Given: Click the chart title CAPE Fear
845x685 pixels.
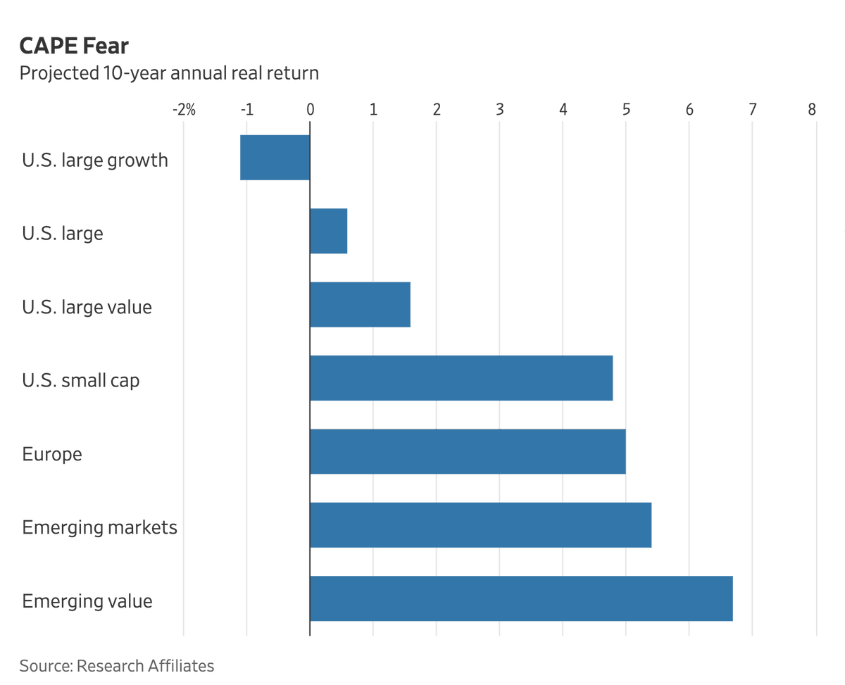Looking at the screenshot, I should (74, 46).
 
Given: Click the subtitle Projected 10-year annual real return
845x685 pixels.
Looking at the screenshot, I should (169, 73).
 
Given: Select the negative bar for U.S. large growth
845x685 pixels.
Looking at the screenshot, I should (275, 158).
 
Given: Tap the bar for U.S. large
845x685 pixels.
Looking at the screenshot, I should (328, 231).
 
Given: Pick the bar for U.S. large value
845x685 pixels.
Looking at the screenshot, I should (360, 305).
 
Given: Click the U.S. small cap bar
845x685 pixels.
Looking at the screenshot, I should (461, 378).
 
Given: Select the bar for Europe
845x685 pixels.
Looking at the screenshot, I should (468, 451).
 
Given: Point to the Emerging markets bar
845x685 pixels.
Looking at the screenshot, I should (480, 525).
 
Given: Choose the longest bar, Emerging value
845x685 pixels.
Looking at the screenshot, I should (521, 598).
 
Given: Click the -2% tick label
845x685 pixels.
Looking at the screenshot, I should (183, 110).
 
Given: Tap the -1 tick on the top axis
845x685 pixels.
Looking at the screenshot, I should (246, 110).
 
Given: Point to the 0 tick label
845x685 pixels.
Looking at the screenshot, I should (310, 110).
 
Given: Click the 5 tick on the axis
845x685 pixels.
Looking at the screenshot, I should (626, 110).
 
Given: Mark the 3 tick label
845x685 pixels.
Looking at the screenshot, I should (499, 110).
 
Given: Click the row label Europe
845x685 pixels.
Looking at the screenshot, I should (52, 454).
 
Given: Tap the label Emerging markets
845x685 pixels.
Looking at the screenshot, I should (99, 527).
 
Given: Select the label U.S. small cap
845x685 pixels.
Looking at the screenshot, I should (81, 381).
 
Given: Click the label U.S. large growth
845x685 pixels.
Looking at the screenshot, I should (95, 161).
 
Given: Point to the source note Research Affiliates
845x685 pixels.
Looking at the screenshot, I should (117, 665).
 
